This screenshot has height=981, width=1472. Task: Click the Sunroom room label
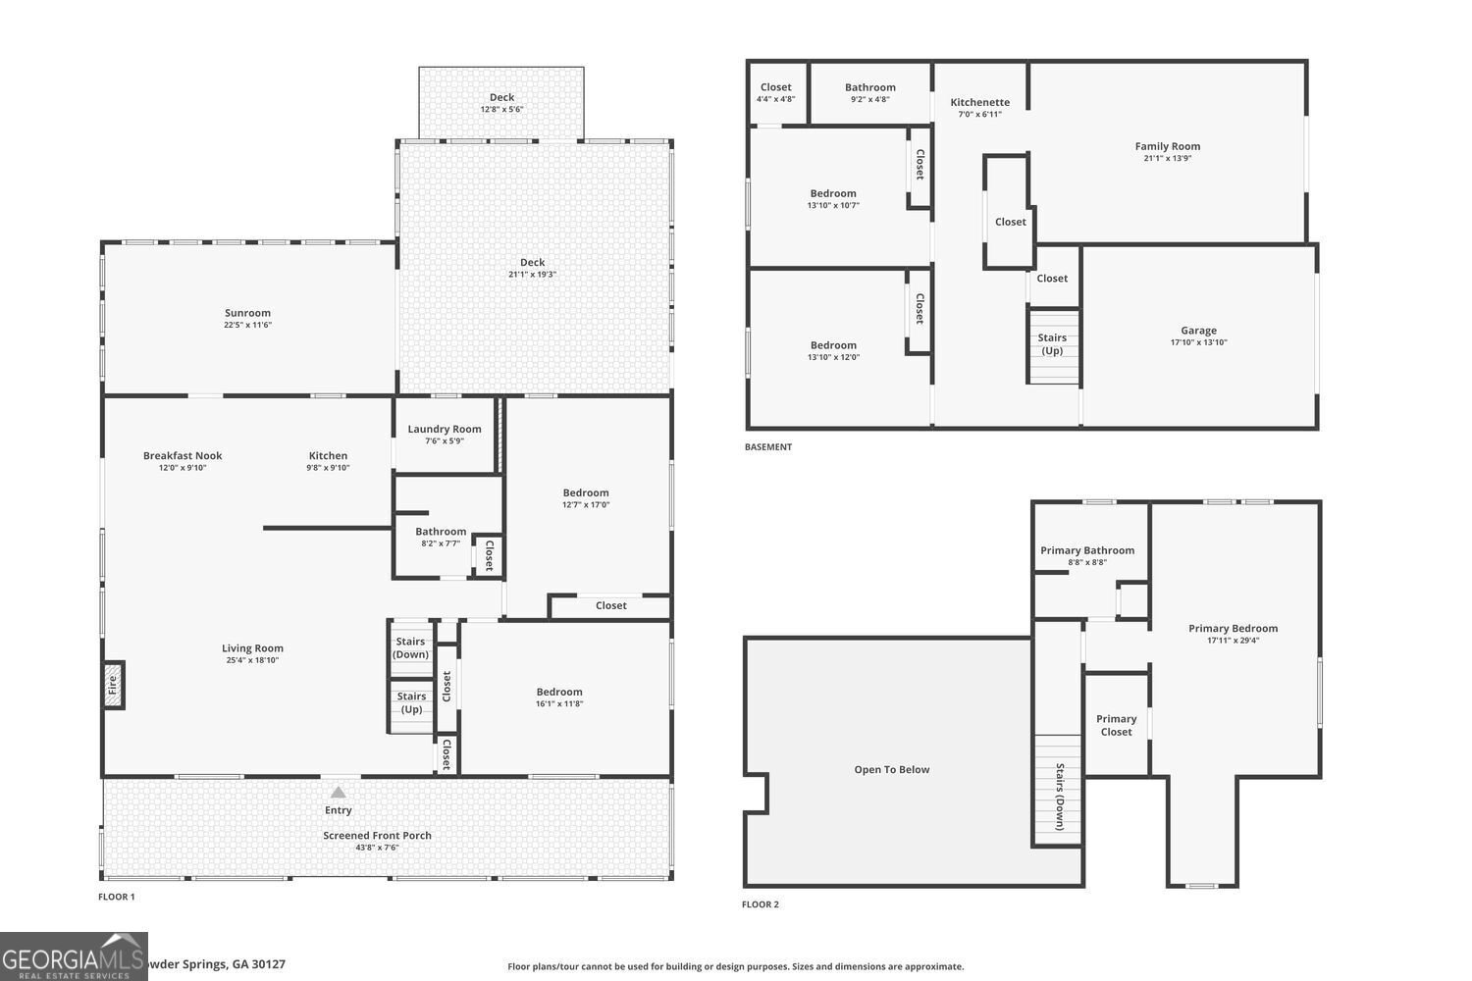pyautogui.click(x=247, y=313)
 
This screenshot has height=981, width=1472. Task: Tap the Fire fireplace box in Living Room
pyautogui.click(x=113, y=685)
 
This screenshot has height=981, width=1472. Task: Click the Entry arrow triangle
pyautogui.click(x=338, y=792)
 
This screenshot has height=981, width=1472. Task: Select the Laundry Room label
pyautogui.click(x=445, y=429)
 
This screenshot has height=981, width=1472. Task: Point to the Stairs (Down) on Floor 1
pyautogui.click(x=410, y=648)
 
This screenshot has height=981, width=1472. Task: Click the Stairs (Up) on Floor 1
pyautogui.click(x=411, y=703)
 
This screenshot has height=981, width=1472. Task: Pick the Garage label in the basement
pyautogui.click(x=1198, y=331)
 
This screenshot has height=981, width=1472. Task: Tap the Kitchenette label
pyautogui.click(x=979, y=102)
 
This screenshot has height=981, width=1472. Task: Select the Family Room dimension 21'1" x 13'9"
pyautogui.click(x=1167, y=158)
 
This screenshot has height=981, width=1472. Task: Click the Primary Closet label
pyautogui.click(x=1116, y=725)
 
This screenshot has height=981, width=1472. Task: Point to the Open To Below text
pyautogui.click(x=891, y=769)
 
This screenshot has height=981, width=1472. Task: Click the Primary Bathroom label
pyautogui.click(x=1087, y=550)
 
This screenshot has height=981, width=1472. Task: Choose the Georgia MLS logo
pyautogui.click(x=74, y=956)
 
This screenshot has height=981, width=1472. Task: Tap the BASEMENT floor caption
pyautogui.click(x=767, y=447)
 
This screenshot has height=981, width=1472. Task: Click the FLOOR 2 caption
pyautogui.click(x=760, y=904)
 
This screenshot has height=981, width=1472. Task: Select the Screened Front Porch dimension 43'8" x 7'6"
pyautogui.click(x=377, y=848)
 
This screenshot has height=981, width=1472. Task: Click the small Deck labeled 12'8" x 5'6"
pyautogui.click(x=501, y=103)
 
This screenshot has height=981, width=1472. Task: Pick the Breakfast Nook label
pyautogui.click(x=183, y=455)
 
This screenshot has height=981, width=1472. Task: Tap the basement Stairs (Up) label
pyautogui.click(x=1052, y=344)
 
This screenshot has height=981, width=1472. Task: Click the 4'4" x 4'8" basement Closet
pyautogui.click(x=775, y=93)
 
